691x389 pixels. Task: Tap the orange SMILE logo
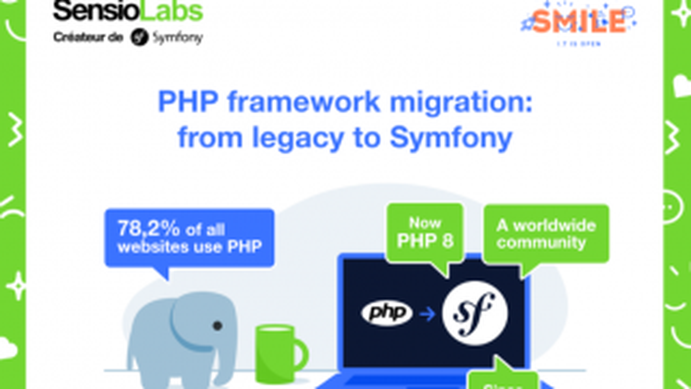(579, 22)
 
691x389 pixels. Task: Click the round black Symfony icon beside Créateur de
(139, 38)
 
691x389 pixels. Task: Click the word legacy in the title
(298, 138)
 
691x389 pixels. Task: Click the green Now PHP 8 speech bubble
(425, 233)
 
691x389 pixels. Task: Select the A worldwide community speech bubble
(546, 233)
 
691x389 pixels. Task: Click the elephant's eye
(218, 325)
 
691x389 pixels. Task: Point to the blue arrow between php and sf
(427, 313)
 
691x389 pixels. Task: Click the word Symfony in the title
(451, 138)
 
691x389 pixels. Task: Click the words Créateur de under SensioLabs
(88, 38)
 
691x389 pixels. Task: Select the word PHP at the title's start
(188, 102)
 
